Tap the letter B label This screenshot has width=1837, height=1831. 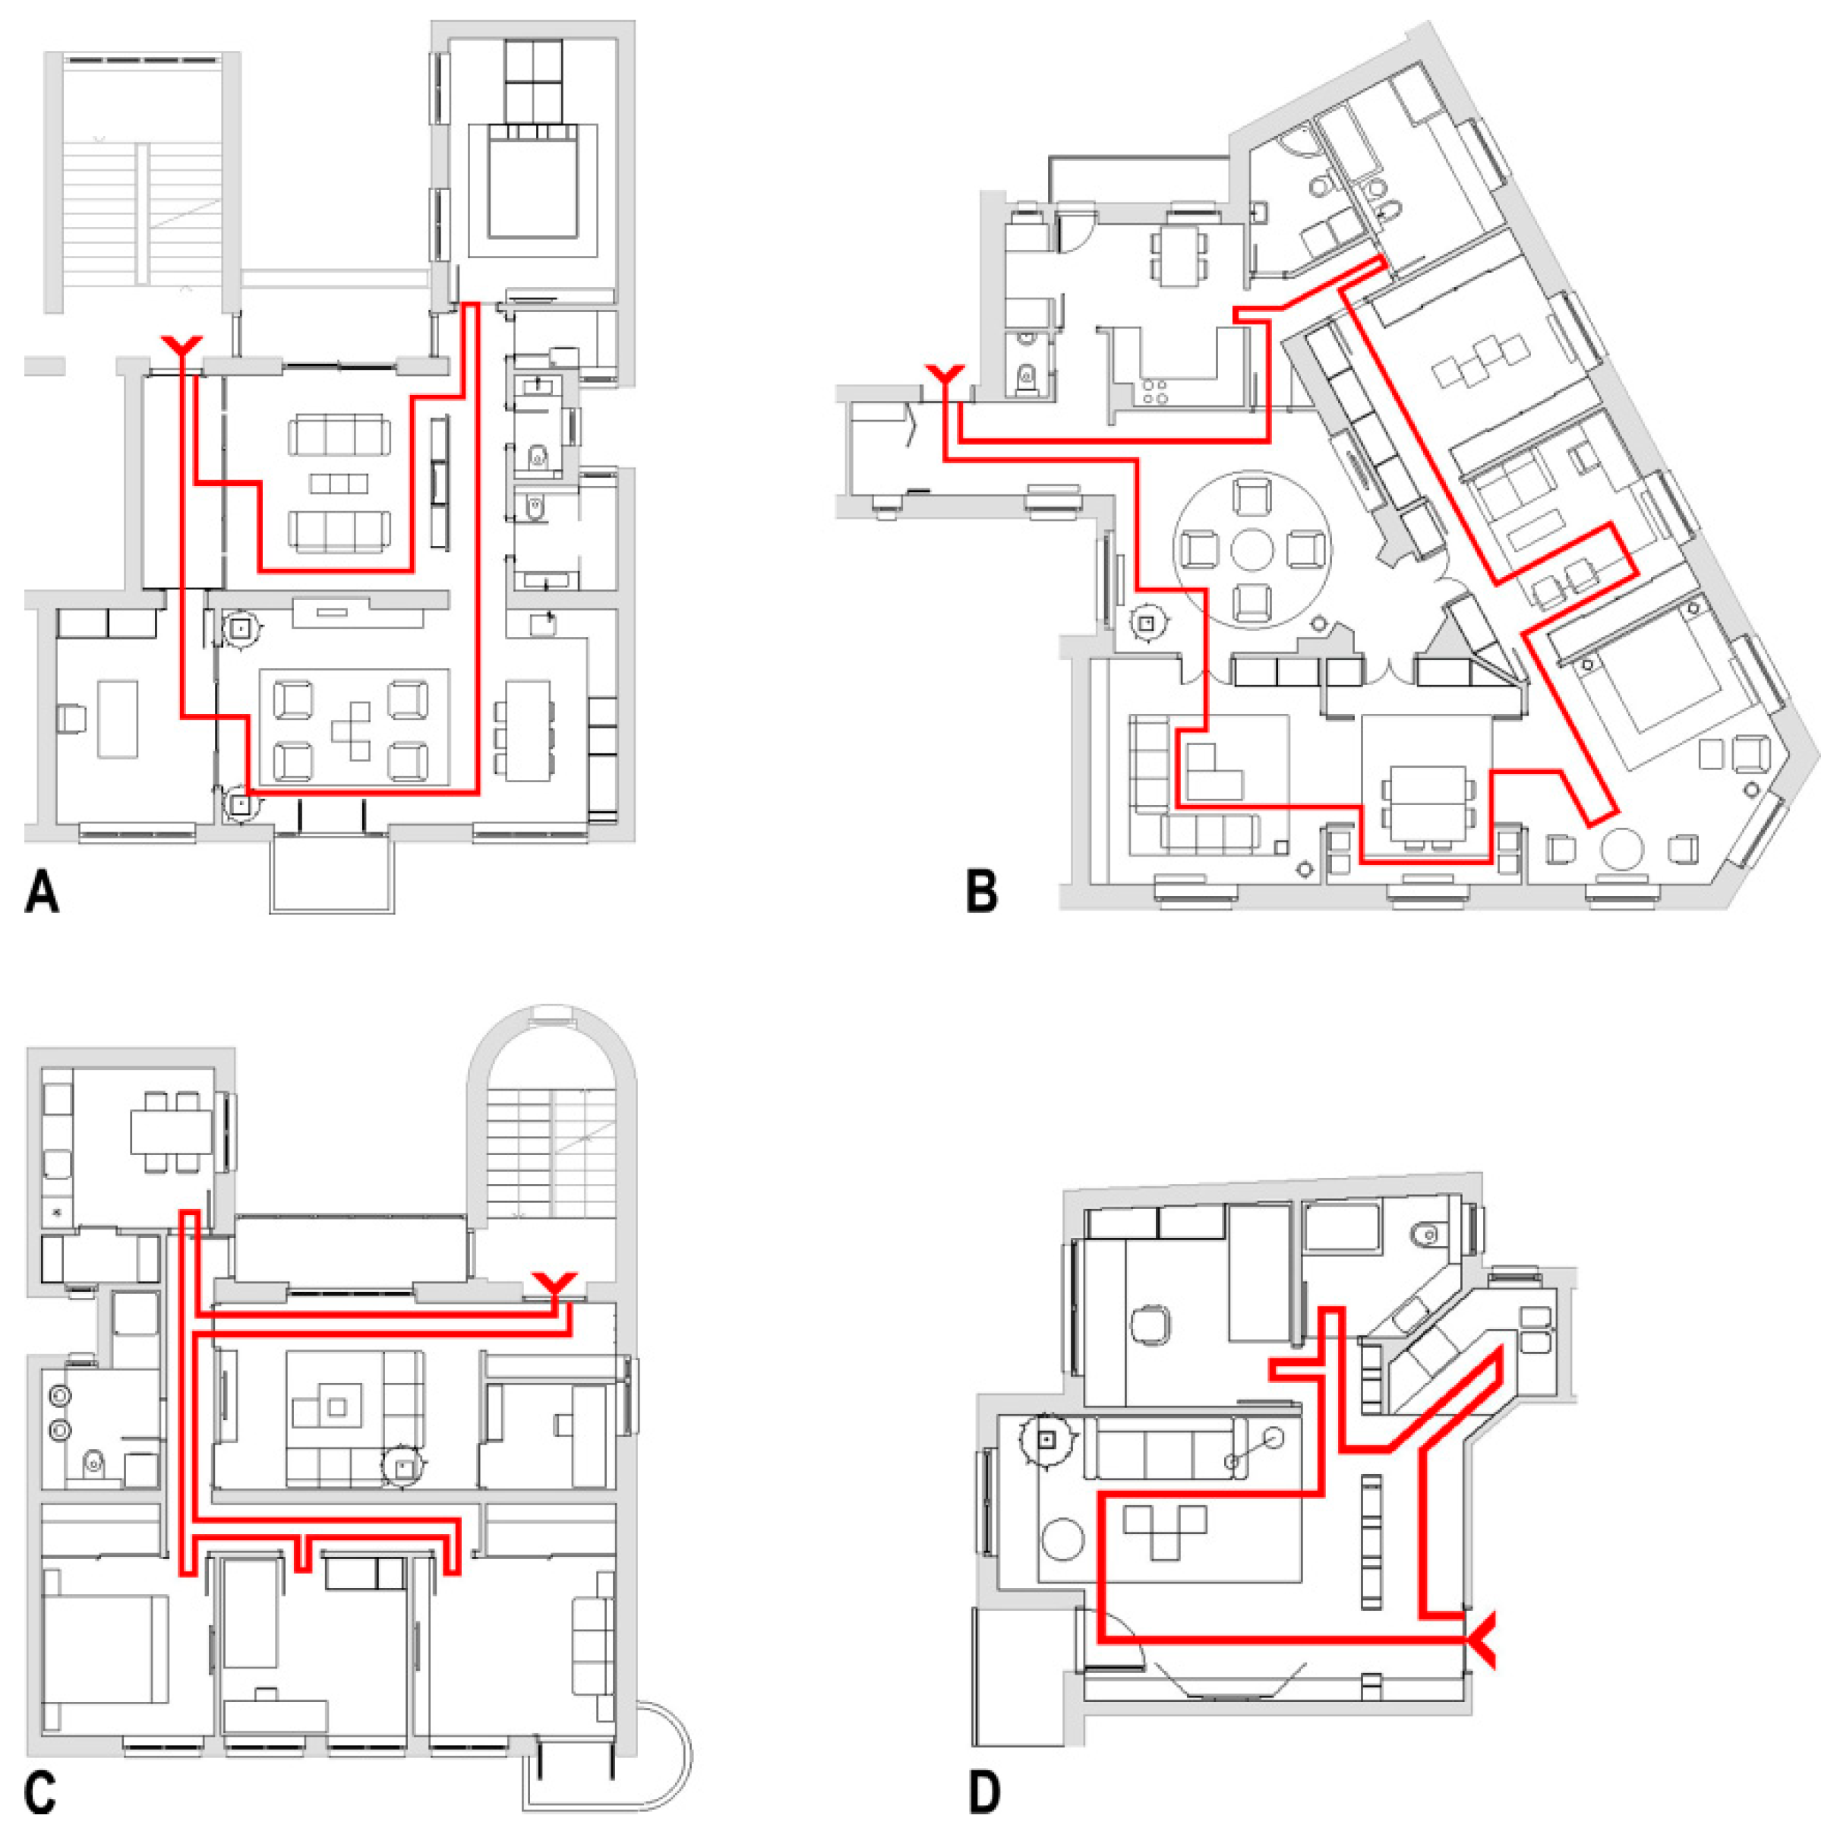981,892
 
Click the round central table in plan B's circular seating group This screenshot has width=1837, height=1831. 1251,550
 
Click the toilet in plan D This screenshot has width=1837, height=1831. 1426,1235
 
